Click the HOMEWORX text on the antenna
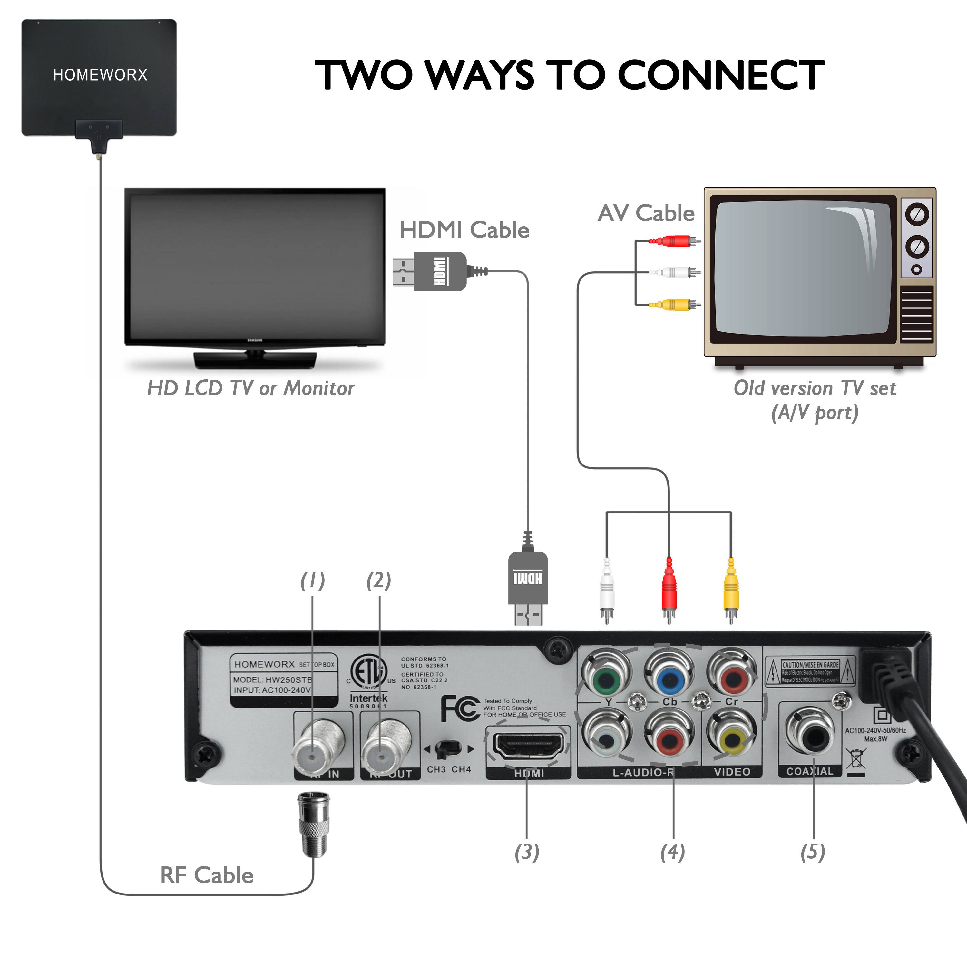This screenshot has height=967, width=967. tap(100, 75)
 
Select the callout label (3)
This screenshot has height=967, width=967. tap(527, 852)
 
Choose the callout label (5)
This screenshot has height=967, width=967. tap(812, 852)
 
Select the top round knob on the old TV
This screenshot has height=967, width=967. tap(917, 214)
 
